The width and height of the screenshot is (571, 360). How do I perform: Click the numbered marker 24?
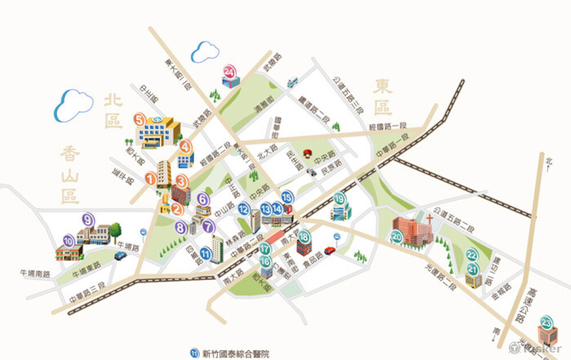click(x=230, y=71)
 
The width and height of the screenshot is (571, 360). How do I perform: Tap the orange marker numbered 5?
click(x=139, y=120)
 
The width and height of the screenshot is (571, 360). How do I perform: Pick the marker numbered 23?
click(x=547, y=322)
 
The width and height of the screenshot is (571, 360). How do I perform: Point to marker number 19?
click(x=340, y=199)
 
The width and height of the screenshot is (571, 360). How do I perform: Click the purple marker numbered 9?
click(x=88, y=219)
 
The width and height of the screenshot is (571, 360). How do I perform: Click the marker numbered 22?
click(x=472, y=255)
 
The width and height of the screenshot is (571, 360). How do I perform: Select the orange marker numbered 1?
click(x=151, y=179)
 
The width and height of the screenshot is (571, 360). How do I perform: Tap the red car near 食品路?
click(x=329, y=250)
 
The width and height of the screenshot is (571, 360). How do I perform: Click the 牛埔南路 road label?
click(x=35, y=274)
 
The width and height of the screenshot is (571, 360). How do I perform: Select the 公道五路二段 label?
click(x=454, y=218)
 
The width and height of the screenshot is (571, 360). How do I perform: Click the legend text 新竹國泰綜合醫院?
click(x=236, y=353)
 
